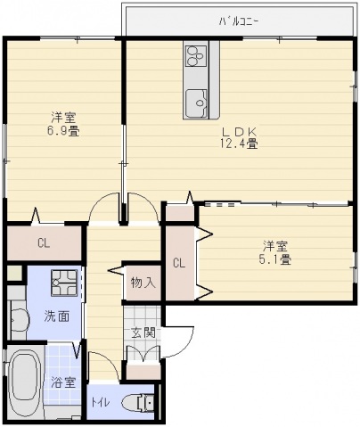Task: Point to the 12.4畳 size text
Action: (x=240, y=142)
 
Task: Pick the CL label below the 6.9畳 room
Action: (x=43, y=242)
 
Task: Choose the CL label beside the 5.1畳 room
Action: (x=179, y=263)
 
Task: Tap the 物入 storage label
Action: (x=143, y=283)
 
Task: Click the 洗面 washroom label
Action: (x=55, y=316)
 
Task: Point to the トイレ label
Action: (x=100, y=402)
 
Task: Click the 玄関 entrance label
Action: (x=143, y=333)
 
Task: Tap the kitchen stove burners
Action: (x=195, y=56)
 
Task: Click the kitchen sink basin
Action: (x=195, y=103)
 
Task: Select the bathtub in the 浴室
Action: (x=24, y=382)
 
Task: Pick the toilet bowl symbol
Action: (x=137, y=400)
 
